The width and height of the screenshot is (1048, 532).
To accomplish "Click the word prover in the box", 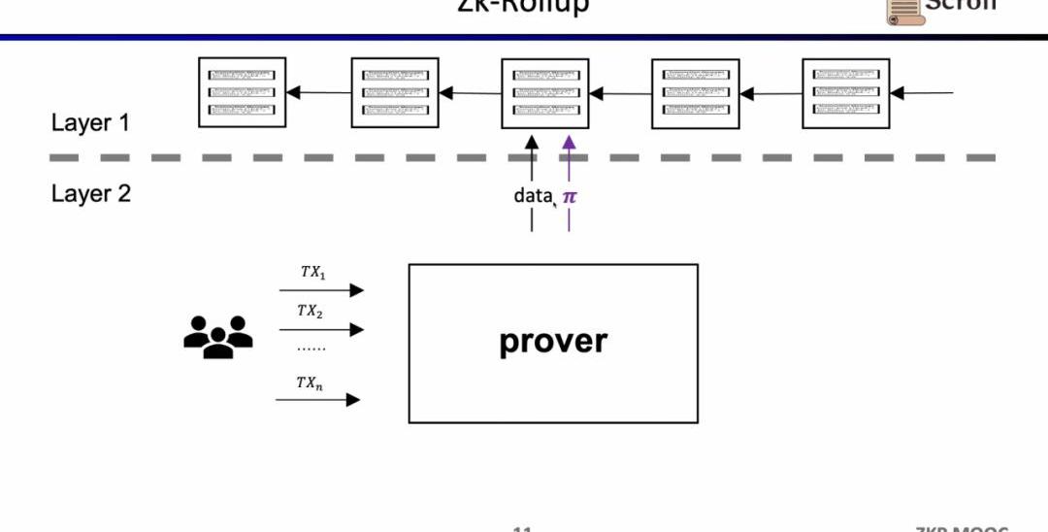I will pyautogui.click(x=553, y=341).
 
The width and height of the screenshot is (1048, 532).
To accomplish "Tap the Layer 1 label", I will pyautogui.click(x=90, y=123).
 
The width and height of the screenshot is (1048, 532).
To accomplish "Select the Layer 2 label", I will pyautogui.click(x=90, y=193).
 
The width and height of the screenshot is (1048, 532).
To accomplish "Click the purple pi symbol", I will pyautogui.click(x=570, y=196).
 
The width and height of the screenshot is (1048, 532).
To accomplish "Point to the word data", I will pyautogui.click(x=533, y=195).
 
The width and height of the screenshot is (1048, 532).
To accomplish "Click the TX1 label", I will pyautogui.click(x=312, y=273).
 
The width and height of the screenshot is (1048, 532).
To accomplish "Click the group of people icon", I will pyautogui.click(x=218, y=336).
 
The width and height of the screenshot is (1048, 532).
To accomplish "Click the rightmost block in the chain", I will pyautogui.click(x=846, y=92).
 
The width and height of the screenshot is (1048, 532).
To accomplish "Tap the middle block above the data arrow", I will pyautogui.click(x=544, y=92).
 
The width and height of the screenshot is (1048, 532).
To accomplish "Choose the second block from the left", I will pyautogui.click(x=394, y=92).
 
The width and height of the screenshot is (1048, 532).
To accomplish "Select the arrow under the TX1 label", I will pyautogui.click(x=321, y=290).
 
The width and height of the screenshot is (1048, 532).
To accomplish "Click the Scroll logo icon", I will pyautogui.click(x=903, y=9).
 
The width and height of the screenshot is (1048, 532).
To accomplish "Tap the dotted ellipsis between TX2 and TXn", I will pyautogui.click(x=311, y=348).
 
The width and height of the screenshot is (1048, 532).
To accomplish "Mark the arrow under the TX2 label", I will pyautogui.click(x=321, y=330).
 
